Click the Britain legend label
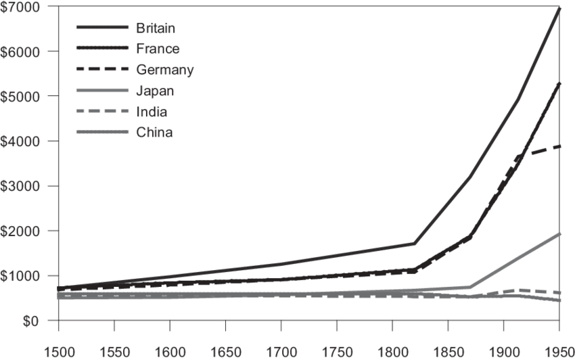pyautogui.click(x=156, y=28)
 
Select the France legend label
pyautogui.click(x=157, y=49)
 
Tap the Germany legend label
pyautogui.click(x=164, y=70)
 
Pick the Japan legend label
pyautogui.click(x=155, y=91)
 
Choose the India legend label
pyautogui.click(x=152, y=111)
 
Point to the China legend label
pyautogui.click(x=154, y=132)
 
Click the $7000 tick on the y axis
pyautogui.click(x=21, y=7)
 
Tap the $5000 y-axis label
pyautogui.click(x=21, y=96)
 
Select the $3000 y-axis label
pyautogui.click(x=21, y=185)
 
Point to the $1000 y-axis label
pyautogui.click(x=21, y=275)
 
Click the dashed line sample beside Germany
pyautogui.click(x=101, y=70)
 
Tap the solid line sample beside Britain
pyautogui.click(x=101, y=28)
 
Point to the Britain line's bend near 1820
pyautogui.click(x=415, y=243)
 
